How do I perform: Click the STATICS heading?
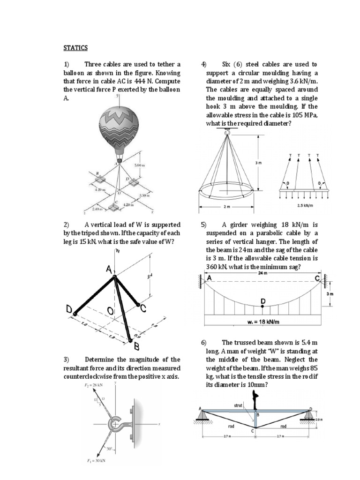click(75, 48)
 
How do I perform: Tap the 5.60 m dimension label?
click(140, 165)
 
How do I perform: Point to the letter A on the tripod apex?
click(109, 270)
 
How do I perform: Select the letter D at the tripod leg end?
click(69, 309)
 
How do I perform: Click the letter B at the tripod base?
click(137, 347)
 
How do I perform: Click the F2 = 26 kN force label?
click(91, 385)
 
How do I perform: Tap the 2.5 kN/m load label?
click(305, 205)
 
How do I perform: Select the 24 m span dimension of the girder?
click(262, 272)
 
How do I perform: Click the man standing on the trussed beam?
click(255, 401)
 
